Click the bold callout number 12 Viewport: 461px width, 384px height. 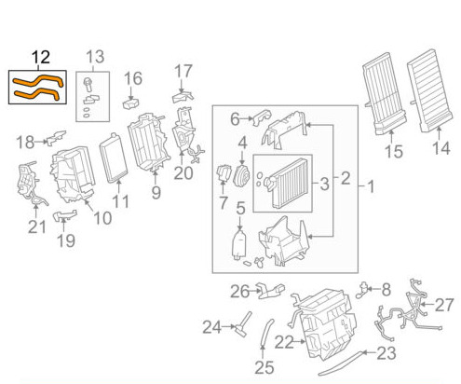[41, 57]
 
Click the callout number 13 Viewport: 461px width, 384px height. [95, 57]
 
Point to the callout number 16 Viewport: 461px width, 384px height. [133, 78]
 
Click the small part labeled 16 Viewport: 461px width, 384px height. [131, 103]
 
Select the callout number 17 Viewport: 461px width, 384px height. [183, 71]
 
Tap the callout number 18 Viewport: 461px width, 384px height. [25, 143]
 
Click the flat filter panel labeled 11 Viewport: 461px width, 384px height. [114, 158]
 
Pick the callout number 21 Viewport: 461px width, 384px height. [37, 227]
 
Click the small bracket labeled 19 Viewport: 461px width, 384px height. [65, 215]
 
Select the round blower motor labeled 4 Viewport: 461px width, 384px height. [241, 176]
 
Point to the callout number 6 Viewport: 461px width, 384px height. [235, 119]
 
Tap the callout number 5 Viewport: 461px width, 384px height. [240, 209]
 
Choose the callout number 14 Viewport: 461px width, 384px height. [441, 148]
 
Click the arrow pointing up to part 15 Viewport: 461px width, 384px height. [391, 137]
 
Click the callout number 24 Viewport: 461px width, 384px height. [212, 327]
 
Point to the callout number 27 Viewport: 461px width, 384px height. [444, 305]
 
